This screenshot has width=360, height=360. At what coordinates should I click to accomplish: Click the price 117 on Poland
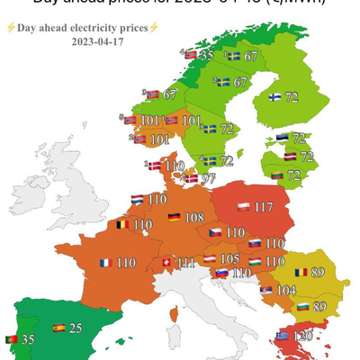click(263, 208)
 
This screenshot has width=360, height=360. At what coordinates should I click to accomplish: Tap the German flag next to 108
click(173, 218)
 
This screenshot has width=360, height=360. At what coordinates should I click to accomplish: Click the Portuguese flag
click(13, 338)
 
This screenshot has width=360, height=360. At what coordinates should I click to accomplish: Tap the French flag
click(105, 263)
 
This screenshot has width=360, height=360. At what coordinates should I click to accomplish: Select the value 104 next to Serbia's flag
click(286, 291)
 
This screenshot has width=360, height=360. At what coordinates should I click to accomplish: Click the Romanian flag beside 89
click(299, 271)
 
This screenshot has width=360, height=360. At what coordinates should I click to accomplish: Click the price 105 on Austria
click(229, 258)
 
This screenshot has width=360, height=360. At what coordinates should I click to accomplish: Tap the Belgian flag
click(121, 223)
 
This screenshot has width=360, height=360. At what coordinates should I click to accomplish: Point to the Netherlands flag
click(136, 199)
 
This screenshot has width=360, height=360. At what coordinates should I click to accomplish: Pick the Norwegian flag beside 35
click(189, 55)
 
